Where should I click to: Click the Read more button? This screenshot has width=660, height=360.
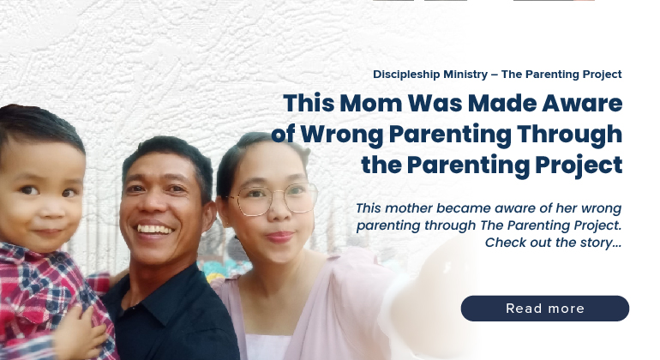[544, 309]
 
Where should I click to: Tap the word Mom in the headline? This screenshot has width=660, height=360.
[371, 103]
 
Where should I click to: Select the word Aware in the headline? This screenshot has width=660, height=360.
[582, 104]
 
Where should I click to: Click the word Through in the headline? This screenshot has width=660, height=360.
[569, 135]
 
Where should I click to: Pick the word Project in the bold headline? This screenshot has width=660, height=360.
[579, 165]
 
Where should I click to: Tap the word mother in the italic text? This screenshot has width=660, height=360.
[405, 208]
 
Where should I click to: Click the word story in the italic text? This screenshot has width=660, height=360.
[596, 243]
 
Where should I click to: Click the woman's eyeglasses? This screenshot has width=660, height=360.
[273, 199]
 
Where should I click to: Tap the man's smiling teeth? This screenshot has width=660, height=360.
[154, 230]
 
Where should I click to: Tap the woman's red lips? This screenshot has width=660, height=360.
[280, 237]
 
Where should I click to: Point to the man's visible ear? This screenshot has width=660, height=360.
[209, 216]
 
